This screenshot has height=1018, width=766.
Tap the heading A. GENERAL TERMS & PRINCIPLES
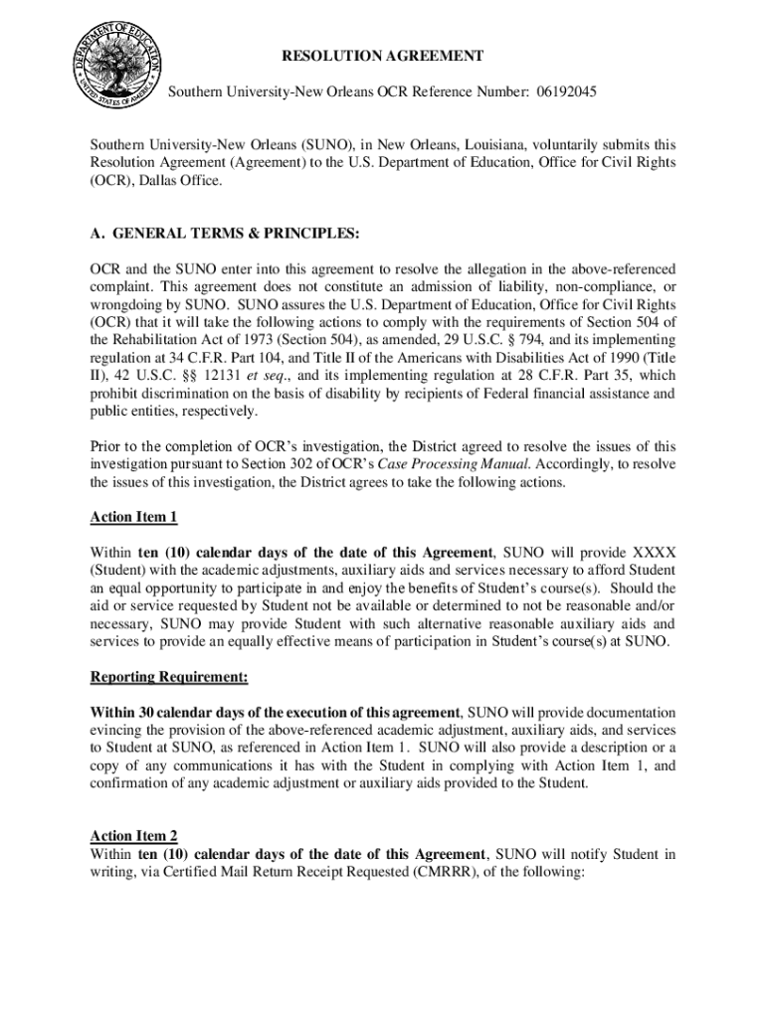coord(225,235)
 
